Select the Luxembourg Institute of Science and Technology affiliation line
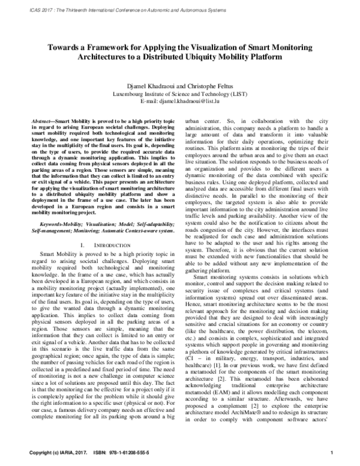pyautogui.click(x=180, y=94)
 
